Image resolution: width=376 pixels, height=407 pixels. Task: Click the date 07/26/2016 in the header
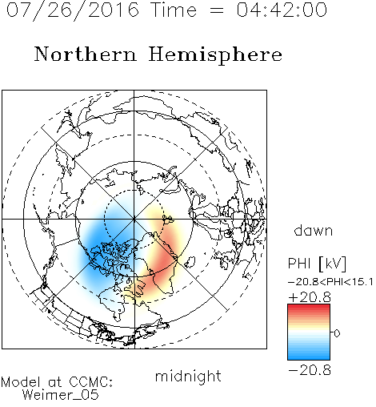pyautogui.click(x=72, y=10)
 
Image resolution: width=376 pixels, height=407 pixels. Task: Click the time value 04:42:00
pyautogui.click(x=282, y=10)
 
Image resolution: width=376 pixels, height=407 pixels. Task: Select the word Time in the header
pyautogui.click(x=174, y=10)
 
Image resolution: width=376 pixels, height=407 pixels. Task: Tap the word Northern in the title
pyautogui.click(x=86, y=54)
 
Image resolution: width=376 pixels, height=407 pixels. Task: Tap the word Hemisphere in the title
pyautogui.click(x=215, y=55)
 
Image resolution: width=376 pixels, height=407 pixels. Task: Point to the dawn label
pyautogui.click(x=314, y=230)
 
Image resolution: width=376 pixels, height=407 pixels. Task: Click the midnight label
pyautogui.click(x=188, y=377)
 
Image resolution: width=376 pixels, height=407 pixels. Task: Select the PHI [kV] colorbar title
pyautogui.click(x=317, y=264)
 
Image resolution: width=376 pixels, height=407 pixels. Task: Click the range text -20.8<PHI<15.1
pyautogui.click(x=330, y=282)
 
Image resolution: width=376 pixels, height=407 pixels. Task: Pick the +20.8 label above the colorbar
pyautogui.click(x=310, y=297)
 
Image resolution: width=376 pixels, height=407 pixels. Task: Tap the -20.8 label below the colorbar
pyautogui.click(x=310, y=370)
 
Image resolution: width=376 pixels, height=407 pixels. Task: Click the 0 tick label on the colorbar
pyautogui.click(x=337, y=333)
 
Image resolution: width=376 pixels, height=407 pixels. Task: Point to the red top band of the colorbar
pyautogui.click(x=309, y=308)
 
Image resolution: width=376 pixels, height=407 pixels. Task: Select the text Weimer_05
pyautogui.click(x=61, y=395)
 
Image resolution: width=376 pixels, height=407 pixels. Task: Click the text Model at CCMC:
pyautogui.click(x=57, y=382)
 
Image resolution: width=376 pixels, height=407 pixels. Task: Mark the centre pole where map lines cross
pyautogui.click(x=134, y=219)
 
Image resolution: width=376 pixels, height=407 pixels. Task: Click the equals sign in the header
pyautogui.click(x=217, y=11)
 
